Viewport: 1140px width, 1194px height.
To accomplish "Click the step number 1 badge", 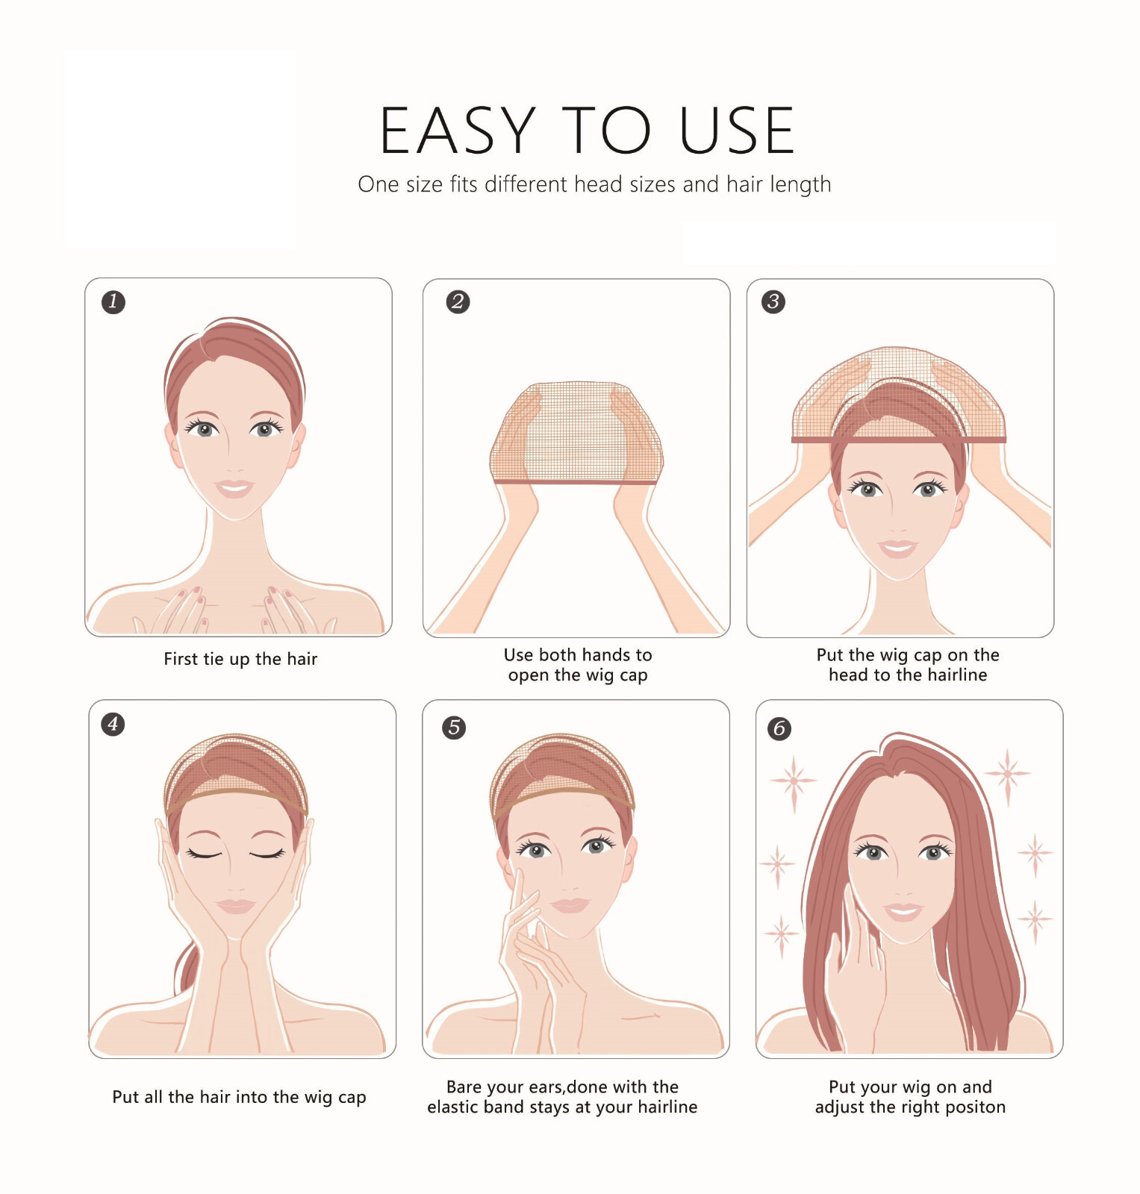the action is (x=113, y=301).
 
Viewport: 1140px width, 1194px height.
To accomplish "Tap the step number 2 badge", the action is (x=458, y=301).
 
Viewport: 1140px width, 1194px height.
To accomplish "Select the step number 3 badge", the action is (x=773, y=301).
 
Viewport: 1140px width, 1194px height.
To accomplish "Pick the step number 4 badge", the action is (x=113, y=723).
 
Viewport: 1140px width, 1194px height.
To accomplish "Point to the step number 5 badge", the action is (x=454, y=727).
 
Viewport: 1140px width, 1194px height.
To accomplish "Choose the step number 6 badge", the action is (x=779, y=728).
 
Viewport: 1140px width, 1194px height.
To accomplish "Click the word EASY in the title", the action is (x=458, y=131).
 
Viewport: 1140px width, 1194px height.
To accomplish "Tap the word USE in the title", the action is (x=737, y=131).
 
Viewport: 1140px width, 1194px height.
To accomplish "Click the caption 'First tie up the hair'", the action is (x=240, y=659).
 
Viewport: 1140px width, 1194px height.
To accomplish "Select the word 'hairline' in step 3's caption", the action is (x=954, y=675).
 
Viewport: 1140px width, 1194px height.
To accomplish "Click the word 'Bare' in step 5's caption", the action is (x=464, y=1087).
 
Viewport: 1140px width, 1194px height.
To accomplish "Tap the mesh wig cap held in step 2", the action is (x=576, y=433).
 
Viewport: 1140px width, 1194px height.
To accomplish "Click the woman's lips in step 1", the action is (x=234, y=488).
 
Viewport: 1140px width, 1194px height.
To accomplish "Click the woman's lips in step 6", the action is (x=903, y=911).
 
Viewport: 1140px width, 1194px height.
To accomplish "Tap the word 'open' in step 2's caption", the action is (x=529, y=676).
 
